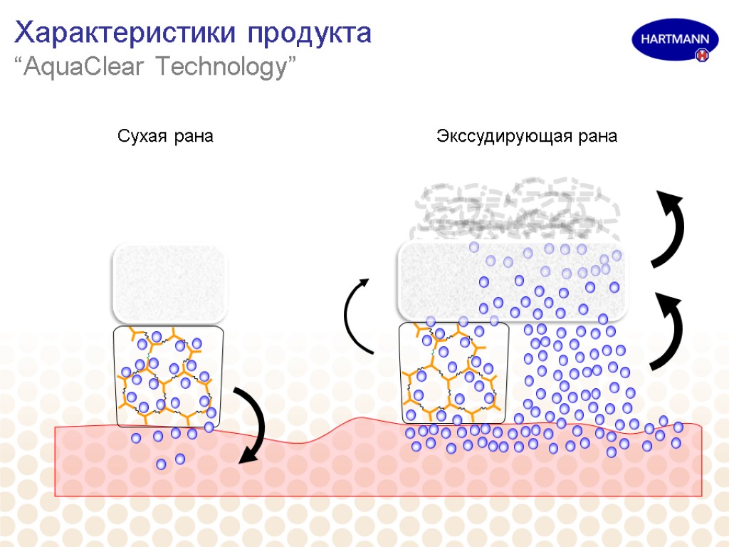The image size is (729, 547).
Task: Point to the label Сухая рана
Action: click(165, 136)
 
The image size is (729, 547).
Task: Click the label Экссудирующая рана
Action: click(527, 136)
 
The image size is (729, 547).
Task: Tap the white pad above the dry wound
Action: click(169, 283)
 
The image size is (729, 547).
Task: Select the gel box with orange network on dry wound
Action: click(169, 376)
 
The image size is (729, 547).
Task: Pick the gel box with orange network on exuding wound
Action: click(453, 373)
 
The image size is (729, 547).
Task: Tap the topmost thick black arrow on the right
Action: click(673, 227)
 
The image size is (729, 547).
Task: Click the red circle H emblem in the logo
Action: click(703, 55)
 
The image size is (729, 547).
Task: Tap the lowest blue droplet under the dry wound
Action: click(162, 464)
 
